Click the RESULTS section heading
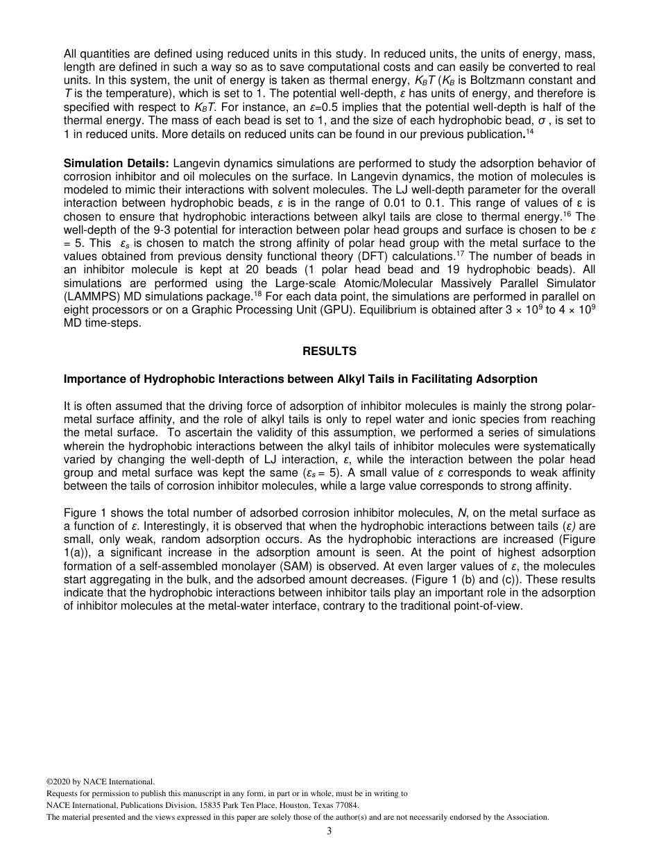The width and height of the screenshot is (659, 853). point(329,352)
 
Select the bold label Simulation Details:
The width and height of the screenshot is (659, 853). point(116,163)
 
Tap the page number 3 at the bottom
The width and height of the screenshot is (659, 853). point(329,832)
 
